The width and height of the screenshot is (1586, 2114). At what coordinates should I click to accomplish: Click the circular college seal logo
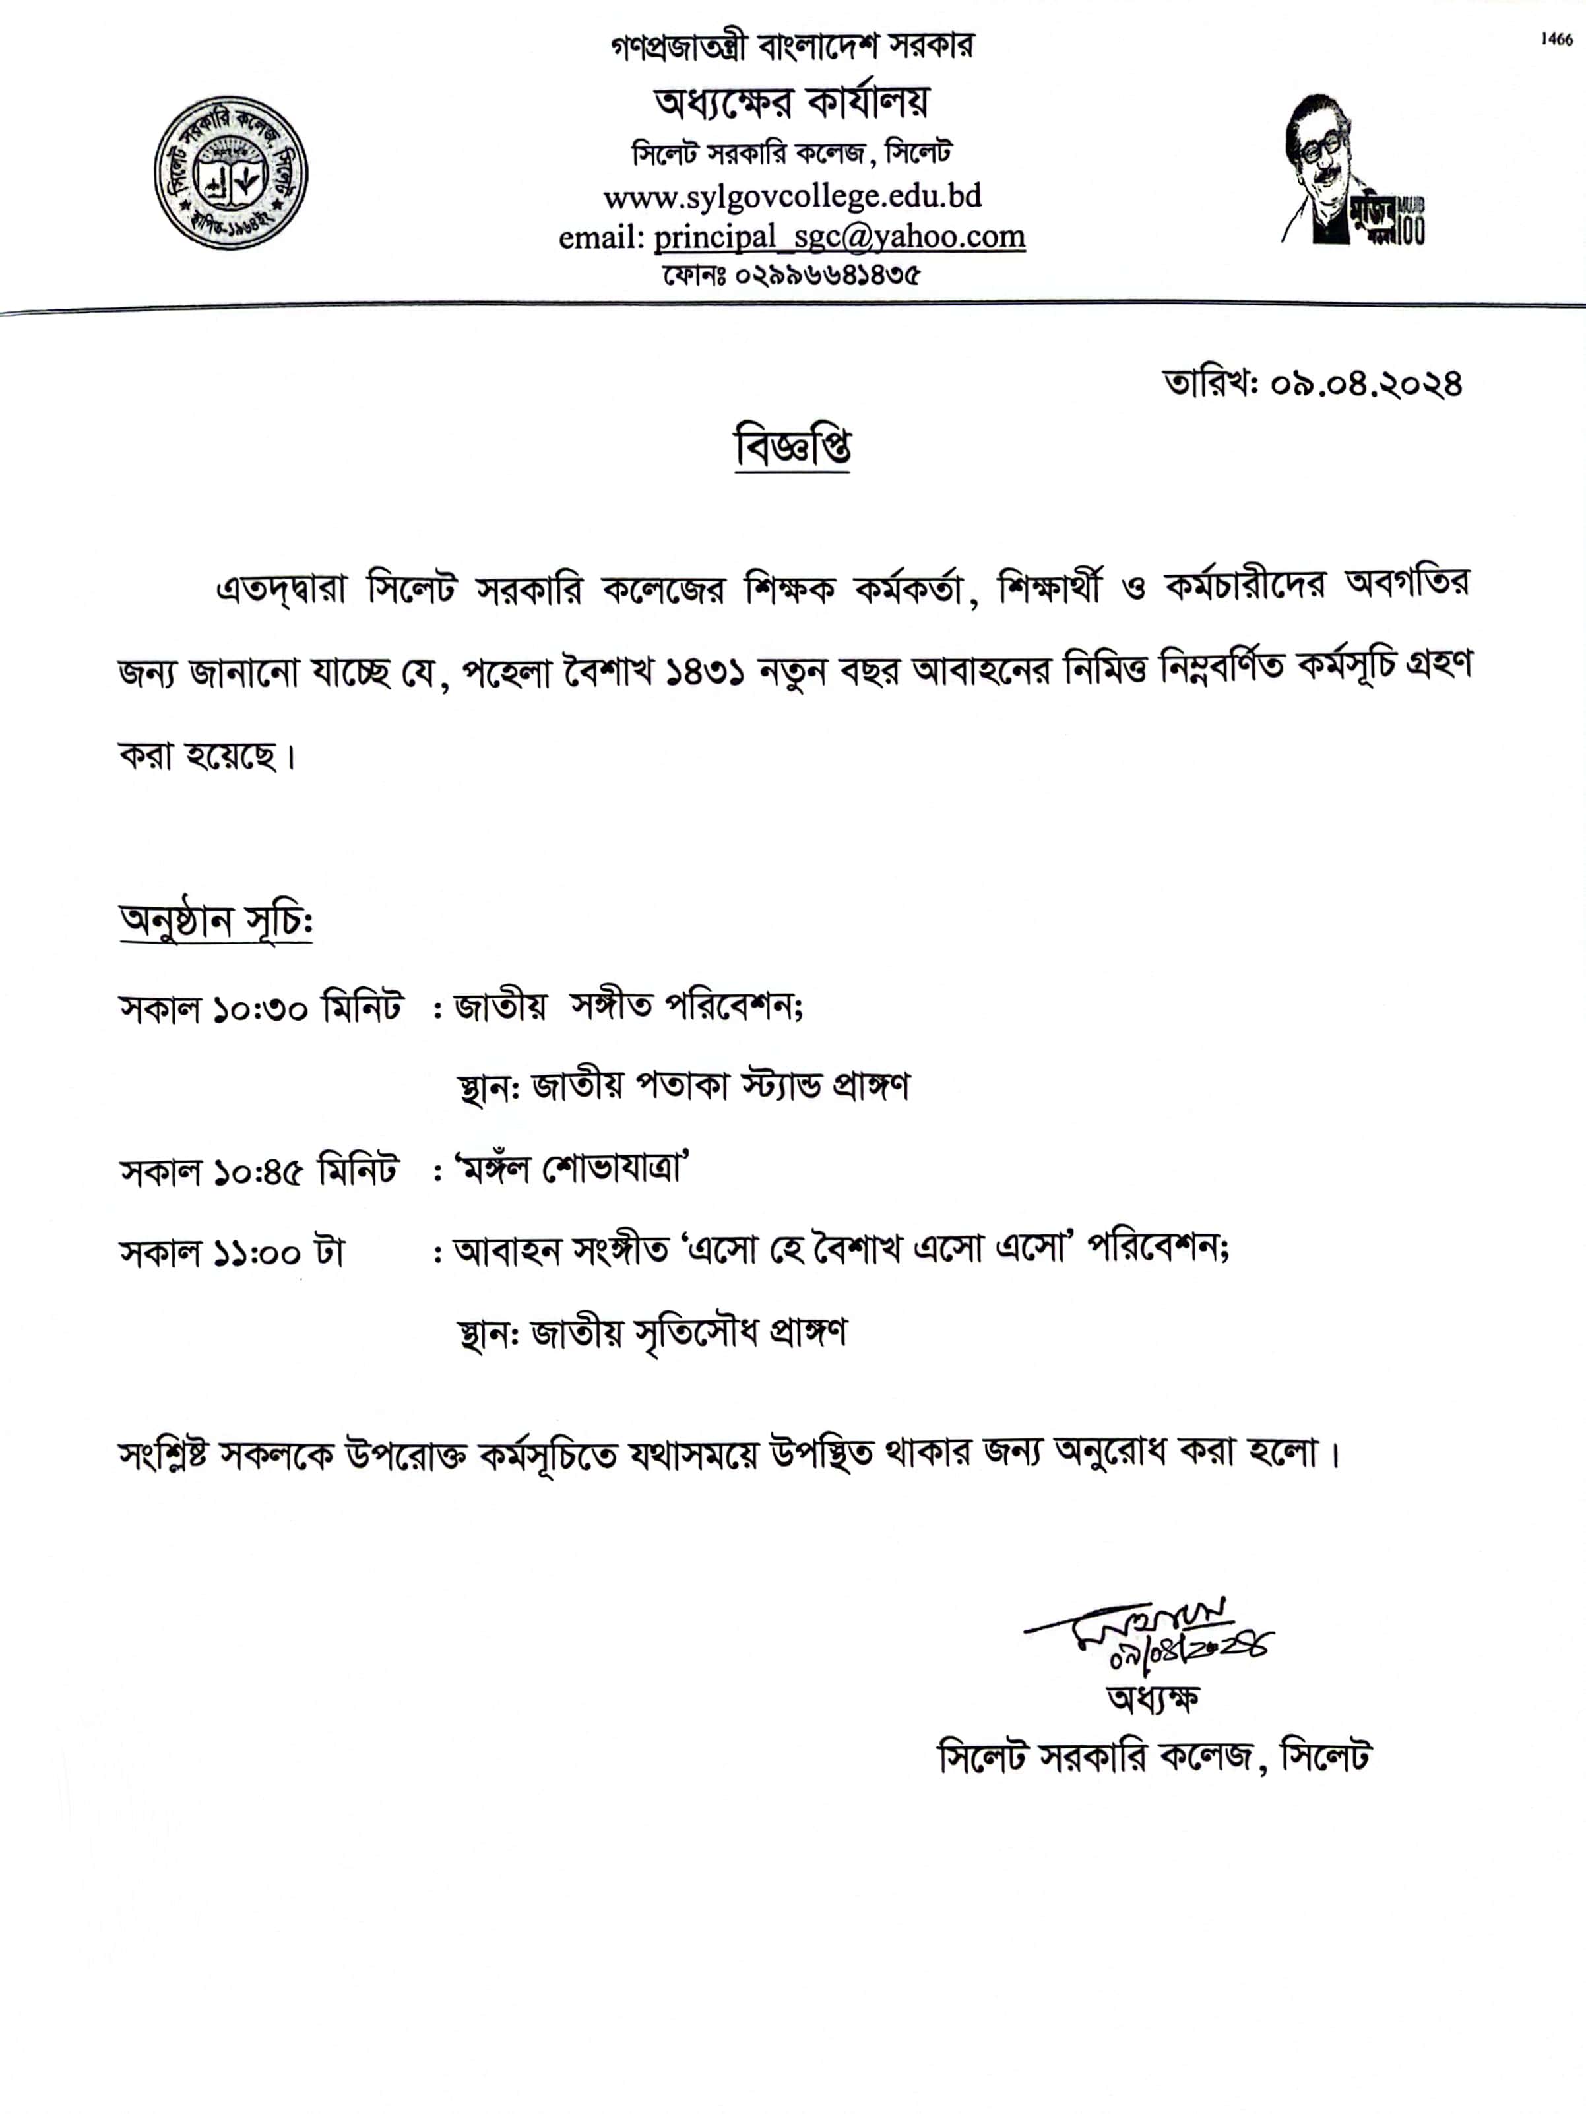coord(230,173)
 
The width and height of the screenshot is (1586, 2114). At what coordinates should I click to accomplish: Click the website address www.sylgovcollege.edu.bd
coord(792,196)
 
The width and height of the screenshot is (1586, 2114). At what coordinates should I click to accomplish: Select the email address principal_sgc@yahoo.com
coord(839,237)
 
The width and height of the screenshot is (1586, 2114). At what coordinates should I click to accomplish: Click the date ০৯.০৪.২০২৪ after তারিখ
coord(1366,383)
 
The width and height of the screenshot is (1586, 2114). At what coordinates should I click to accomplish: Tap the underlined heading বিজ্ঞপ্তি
coord(792,447)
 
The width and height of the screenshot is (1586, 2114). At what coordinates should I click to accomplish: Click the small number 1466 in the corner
coord(1556,39)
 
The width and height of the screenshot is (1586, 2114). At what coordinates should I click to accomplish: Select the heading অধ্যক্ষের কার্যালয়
coord(792,102)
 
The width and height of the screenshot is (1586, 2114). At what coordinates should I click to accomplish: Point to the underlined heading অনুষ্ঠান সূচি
coord(216,920)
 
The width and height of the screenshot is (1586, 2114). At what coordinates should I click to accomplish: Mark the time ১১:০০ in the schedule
coord(257,1253)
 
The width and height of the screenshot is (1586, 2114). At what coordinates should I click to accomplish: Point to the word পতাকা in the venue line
coord(669,1087)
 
